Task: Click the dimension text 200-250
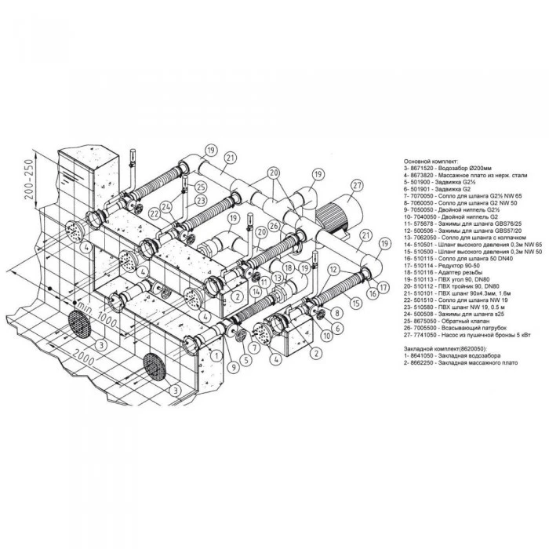tap(28, 180)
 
